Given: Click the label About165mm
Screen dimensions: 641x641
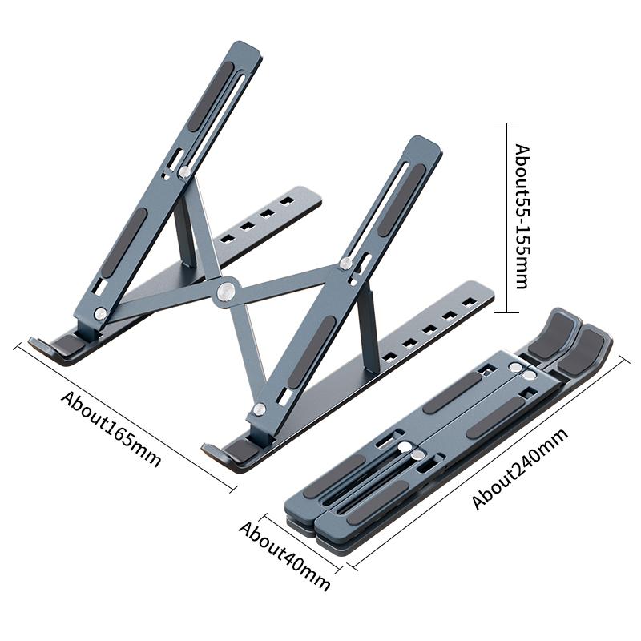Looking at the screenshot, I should coord(111,429).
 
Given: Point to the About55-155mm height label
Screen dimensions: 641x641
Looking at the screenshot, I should coord(522,216).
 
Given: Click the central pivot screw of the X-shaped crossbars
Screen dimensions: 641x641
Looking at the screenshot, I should coord(225,292).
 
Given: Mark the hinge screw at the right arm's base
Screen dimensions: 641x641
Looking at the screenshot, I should coord(259,410).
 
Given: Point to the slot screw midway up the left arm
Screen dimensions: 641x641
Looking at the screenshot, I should coord(185,171).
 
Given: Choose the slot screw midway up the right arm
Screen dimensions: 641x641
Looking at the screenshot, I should coord(346,264).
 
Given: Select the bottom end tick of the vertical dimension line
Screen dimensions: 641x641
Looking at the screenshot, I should coord(501,312).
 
